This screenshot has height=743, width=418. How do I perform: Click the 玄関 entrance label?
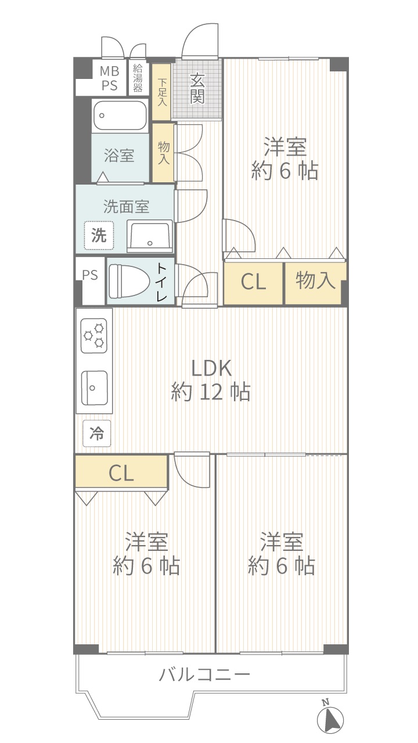click(197, 88)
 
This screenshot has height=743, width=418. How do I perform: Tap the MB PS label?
click(110, 78)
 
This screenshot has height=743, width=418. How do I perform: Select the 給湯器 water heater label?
click(138, 78)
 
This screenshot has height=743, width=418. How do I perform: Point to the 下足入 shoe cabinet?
click(161, 92)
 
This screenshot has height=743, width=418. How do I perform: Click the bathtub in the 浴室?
click(120, 116)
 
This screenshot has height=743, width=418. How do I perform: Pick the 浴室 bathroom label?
click(119, 155)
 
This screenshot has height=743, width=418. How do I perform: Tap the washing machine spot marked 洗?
click(99, 236)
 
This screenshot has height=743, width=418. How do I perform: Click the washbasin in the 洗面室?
click(150, 235)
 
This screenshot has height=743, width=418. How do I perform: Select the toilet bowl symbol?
click(128, 280)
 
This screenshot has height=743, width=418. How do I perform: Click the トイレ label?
click(161, 282)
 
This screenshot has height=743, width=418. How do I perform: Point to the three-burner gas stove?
click(94, 336)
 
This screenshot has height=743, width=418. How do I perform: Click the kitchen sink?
click(95, 387)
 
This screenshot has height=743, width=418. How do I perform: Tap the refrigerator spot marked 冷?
click(96, 433)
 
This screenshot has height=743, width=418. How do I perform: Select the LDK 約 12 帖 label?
click(211, 380)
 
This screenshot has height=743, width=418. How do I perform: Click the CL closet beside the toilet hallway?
click(254, 283)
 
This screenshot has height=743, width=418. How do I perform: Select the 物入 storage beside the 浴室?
click(163, 153)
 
